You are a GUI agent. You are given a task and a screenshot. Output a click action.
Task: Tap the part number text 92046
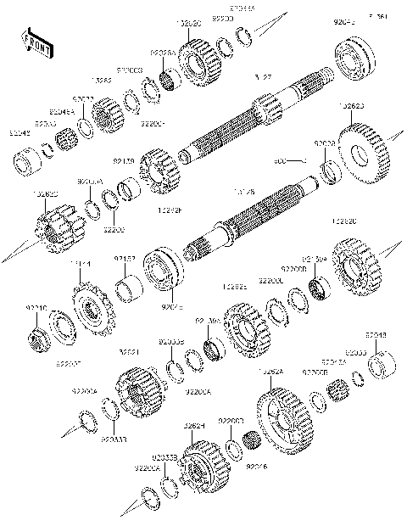[x=257, y=466]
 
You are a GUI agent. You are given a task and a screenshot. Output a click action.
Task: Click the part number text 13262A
[x=271, y=371]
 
